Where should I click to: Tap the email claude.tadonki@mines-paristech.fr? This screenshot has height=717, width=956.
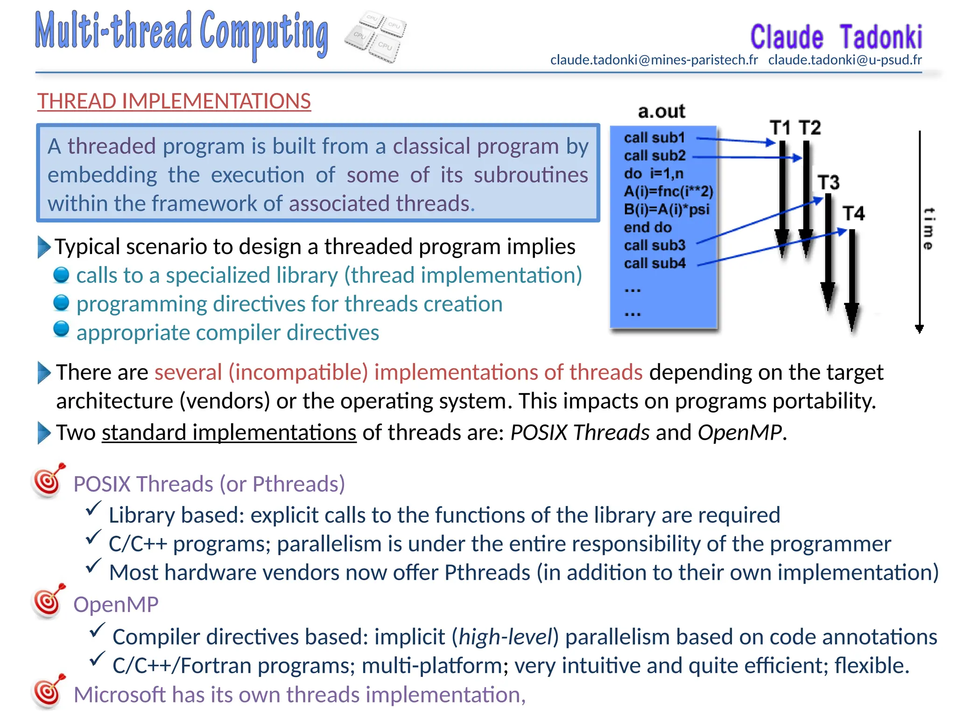pyautogui.click(x=654, y=60)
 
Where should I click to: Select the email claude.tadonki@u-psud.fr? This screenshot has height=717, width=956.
pyautogui.click(x=844, y=60)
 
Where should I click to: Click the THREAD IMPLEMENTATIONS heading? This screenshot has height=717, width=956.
pyautogui.click(x=174, y=101)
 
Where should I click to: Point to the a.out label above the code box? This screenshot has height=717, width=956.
pyautogui.click(x=661, y=112)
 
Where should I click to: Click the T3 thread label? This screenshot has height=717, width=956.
pyautogui.click(x=828, y=183)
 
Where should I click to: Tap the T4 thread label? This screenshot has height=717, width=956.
pyautogui.click(x=853, y=214)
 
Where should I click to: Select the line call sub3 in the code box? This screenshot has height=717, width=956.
pyautogui.click(x=654, y=246)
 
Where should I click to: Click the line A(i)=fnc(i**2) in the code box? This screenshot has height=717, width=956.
pyautogui.click(x=668, y=191)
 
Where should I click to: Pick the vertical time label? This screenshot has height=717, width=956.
pyautogui.click(x=928, y=229)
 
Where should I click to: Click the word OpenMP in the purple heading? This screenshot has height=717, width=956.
pyautogui.click(x=116, y=605)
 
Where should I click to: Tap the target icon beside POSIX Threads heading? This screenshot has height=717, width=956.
pyautogui.click(x=48, y=481)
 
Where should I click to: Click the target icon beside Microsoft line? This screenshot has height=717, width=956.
pyautogui.click(x=48, y=692)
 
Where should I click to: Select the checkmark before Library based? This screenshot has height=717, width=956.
pyautogui.click(x=93, y=508)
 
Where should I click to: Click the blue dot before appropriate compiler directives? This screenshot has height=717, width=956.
pyautogui.click(x=61, y=329)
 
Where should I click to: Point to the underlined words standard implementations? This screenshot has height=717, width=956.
pyautogui.click(x=229, y=433)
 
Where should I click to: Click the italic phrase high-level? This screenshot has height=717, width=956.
pyautogui.click(x=506, y=637)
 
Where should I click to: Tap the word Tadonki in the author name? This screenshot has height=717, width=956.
pyautogui.click(x=881, y=37)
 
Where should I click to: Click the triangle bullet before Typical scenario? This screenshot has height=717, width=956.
pyautogui.click(x=44, y=247)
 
